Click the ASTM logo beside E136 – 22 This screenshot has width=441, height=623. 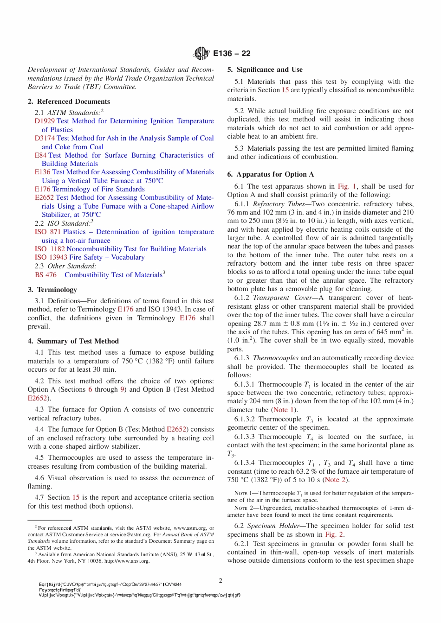point(201,53)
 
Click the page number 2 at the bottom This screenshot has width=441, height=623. point(220,580)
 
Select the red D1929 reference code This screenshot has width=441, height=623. point(45,121)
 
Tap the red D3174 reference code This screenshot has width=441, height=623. point(45,138)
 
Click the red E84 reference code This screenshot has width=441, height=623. point(41,155)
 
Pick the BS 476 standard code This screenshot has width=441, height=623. point(45,275)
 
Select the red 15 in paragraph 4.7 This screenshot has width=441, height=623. point(76,497)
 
